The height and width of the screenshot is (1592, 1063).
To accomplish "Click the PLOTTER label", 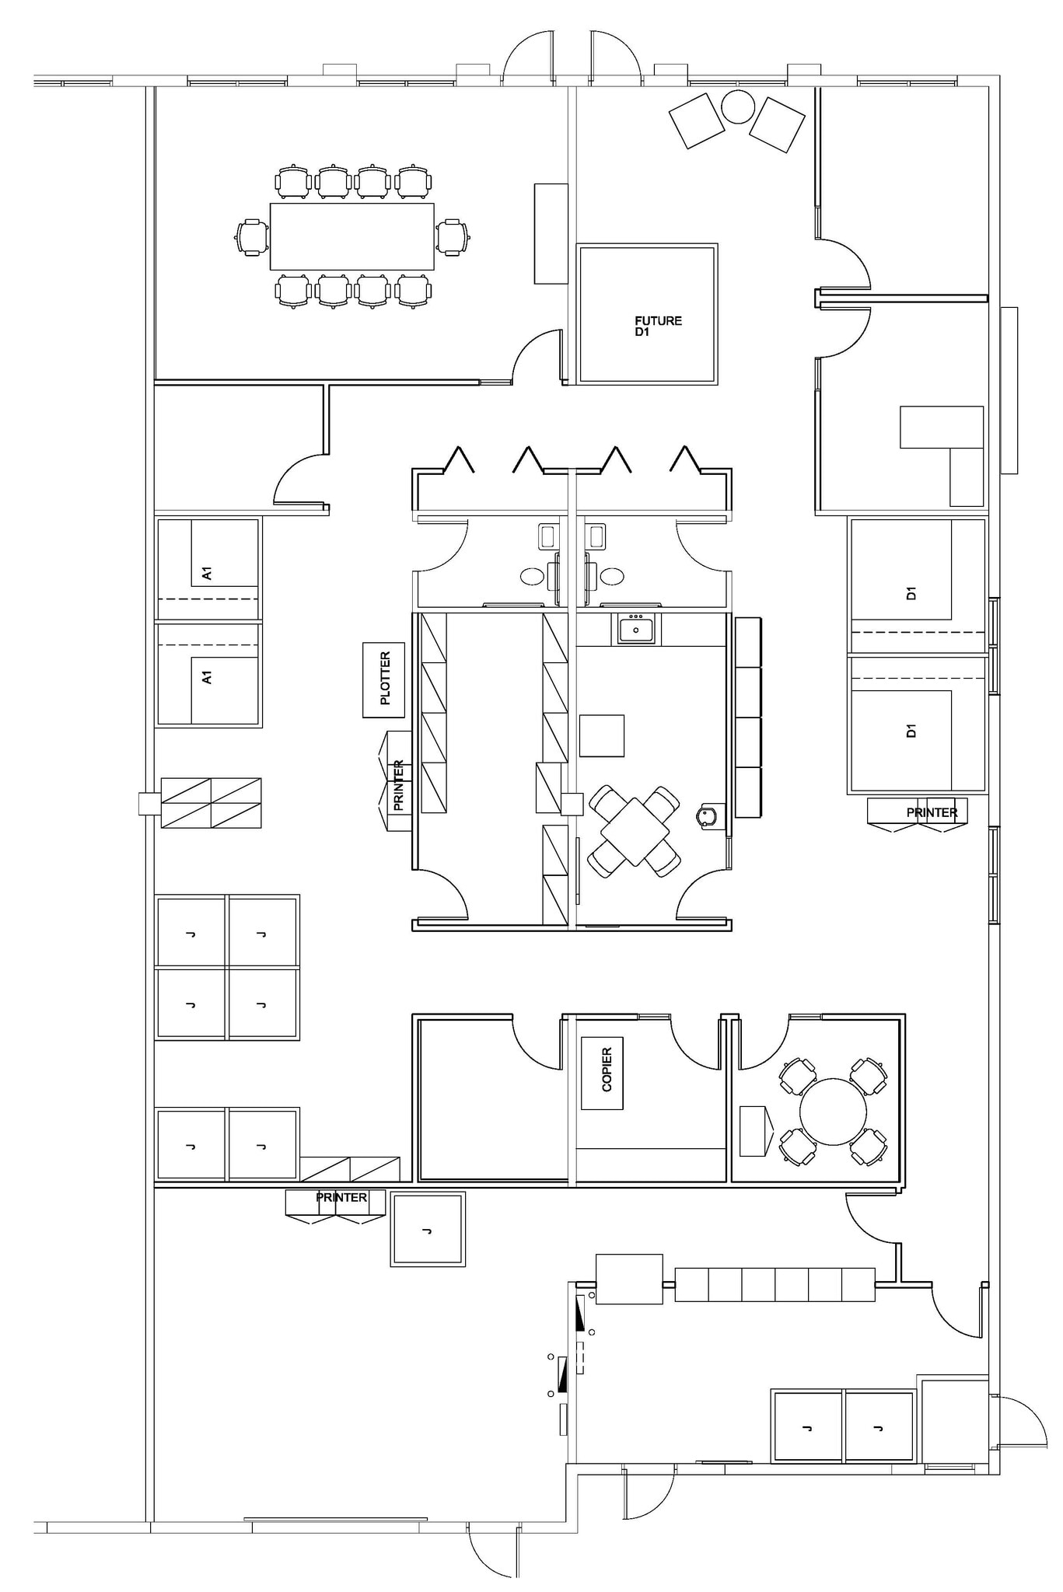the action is [384, 679].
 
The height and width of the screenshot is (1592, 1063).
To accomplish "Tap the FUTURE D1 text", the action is [658, 326].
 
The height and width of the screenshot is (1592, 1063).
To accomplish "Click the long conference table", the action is [352, 236].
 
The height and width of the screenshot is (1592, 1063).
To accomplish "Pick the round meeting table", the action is [833, 1111].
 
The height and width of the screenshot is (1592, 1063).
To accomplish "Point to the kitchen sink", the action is [636, 628].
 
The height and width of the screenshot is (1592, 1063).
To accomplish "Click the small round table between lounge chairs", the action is [737, 106].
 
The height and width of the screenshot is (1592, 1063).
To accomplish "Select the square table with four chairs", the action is [635, 830].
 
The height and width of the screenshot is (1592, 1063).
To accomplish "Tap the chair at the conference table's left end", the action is [251, 236].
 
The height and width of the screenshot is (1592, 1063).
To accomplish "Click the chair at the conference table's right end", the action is [453, 236].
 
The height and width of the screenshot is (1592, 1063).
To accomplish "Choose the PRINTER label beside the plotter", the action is [399, 785].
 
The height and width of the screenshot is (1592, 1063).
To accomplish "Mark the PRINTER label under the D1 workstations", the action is [932, 812].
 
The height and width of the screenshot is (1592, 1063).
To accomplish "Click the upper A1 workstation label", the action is [207, 574].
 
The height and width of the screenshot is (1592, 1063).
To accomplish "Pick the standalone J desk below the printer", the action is [428, 1229].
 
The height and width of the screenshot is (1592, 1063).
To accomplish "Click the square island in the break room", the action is [602, 735].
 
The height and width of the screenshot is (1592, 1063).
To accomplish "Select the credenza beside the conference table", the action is [551, 233].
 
